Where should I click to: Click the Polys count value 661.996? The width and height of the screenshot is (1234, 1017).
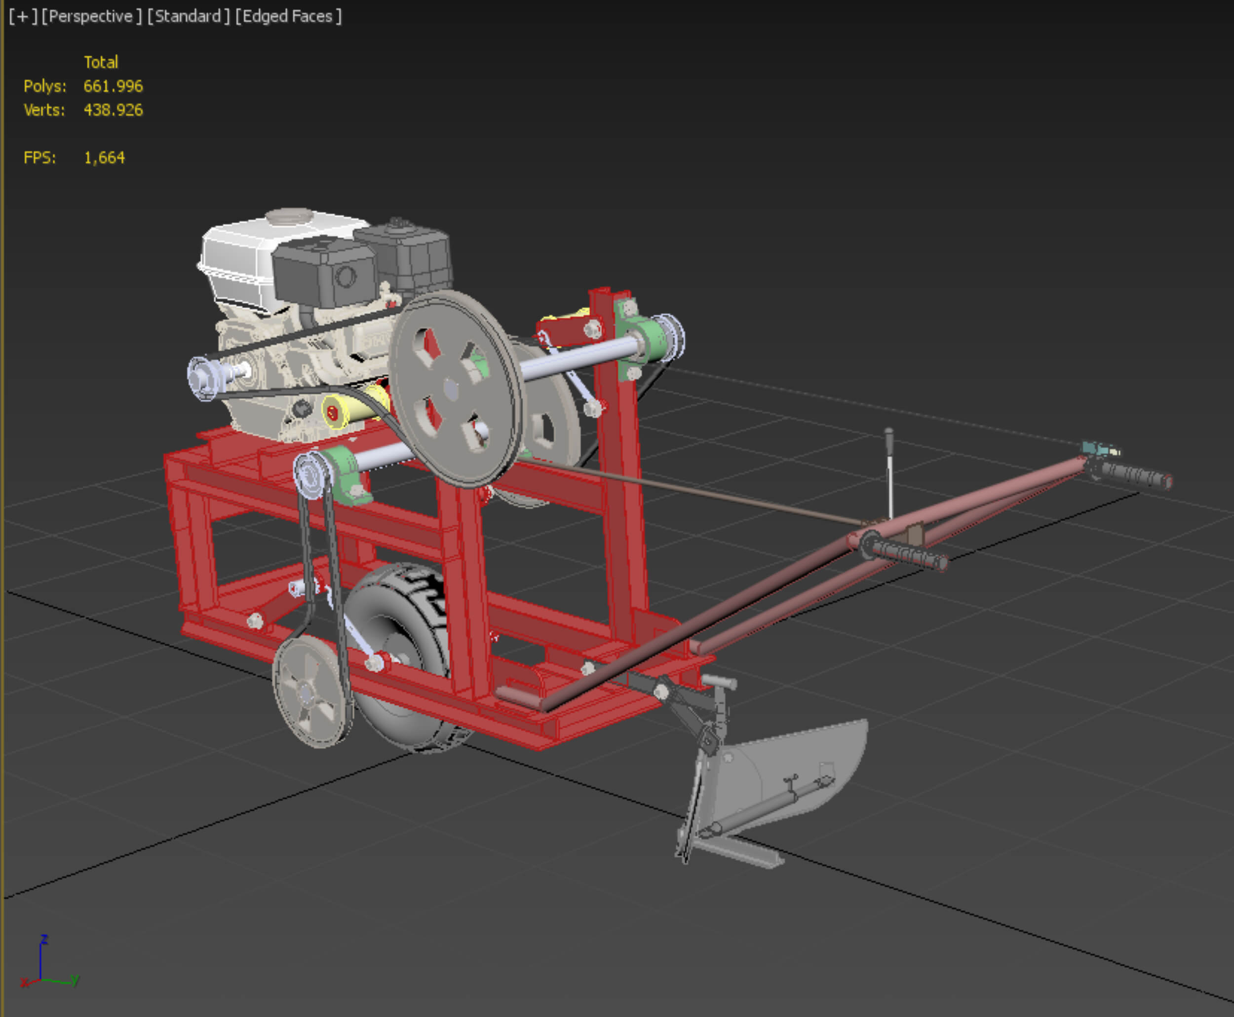pyautogui.click(x=113, y=86)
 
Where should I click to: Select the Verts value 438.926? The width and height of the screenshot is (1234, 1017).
pyautogui.click(x=113, y=110)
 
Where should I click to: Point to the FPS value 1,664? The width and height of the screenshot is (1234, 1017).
pyautogui.click(x=104, y=158)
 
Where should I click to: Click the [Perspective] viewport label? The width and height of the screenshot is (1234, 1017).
pyautogui.click(x=91, y=16)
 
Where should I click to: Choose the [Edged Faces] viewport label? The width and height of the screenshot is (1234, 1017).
pyautogui.click(x=288, y=16)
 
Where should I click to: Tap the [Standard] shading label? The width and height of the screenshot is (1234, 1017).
pyautogui.click(x=188, y=16)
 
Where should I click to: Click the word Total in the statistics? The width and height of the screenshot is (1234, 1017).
pyautogui.click(x=101, y=62)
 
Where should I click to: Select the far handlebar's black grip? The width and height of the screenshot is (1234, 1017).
pyautogui.click(x=1131, y=475)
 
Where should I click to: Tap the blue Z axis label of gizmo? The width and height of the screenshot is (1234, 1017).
pyautogui.click(x=43, y=939)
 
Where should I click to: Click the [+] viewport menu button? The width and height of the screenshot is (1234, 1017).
pyautogui.click(x=23, y=16)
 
